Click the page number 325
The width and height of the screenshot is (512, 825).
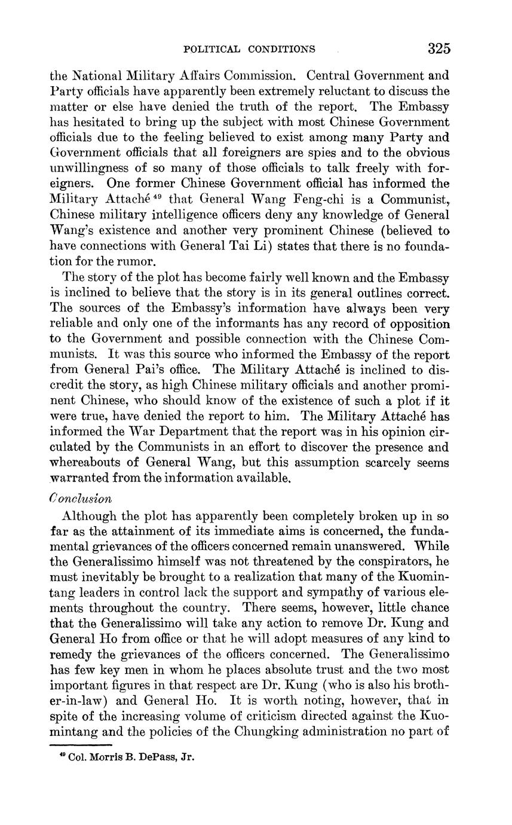[439, 49]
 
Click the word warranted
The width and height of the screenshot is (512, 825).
[82, 478]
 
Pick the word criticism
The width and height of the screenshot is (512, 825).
[295, 716]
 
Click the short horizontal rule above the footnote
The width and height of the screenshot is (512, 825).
[81, 745]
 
